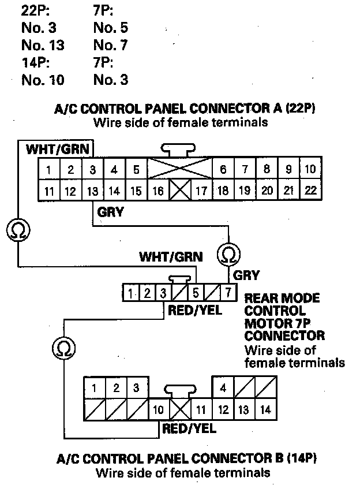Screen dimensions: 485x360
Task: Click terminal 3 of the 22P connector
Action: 92,170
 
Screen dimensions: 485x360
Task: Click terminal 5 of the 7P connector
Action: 195,293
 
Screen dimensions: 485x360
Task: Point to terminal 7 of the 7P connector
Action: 228,293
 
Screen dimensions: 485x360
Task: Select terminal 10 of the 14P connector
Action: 159,410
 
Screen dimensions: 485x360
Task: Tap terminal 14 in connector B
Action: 265,410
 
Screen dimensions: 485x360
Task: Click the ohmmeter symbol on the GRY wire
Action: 228,254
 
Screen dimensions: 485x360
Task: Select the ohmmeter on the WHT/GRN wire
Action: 17,232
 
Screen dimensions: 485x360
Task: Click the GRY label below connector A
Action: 111,212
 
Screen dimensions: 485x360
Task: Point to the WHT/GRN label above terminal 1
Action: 58,150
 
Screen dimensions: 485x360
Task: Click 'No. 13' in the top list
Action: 43,44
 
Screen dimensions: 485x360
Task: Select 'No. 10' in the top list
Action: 43,79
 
